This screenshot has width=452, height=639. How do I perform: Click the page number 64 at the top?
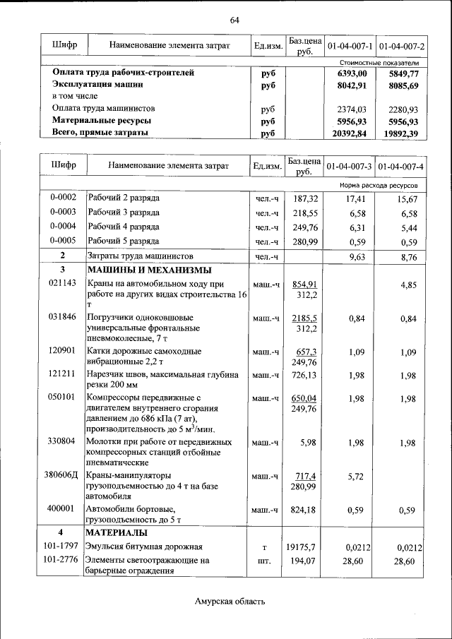(234, 20)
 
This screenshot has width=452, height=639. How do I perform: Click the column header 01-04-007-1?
(350, 47)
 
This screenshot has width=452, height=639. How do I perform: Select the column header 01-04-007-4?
(401, 166)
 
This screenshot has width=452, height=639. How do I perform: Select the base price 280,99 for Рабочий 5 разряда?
(306, 241)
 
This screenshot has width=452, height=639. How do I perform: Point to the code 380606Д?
(62, 477)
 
